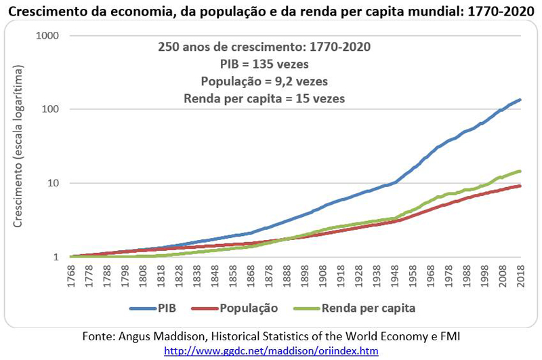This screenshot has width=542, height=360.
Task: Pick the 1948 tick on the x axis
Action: point(394,275)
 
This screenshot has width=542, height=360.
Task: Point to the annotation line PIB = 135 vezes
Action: point(264,65)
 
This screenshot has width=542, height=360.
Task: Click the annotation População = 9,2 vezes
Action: point(264,81)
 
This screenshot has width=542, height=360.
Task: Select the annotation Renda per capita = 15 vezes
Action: point(264,98)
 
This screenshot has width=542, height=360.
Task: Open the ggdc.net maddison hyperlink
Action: point(271,351)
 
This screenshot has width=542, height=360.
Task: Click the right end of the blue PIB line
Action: point(520,100)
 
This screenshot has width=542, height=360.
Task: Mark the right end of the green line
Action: point(520,171)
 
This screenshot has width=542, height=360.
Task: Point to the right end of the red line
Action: point(520,186)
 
